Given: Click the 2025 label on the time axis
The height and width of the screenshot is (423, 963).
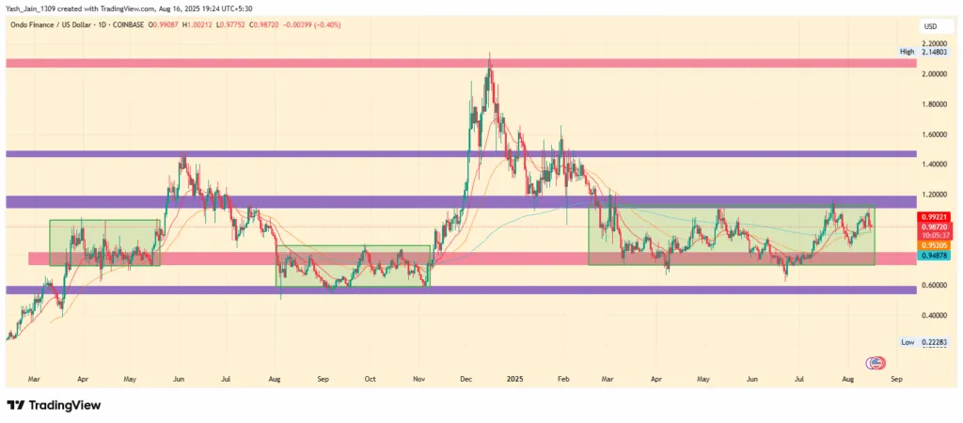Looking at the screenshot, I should pyautogui.click(x=513, y=380).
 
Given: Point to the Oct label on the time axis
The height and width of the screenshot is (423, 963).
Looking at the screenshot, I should pyautogui.click(x=370, y=380).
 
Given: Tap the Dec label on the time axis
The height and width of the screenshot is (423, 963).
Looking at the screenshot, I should pyautogui.click(x=466, y=380).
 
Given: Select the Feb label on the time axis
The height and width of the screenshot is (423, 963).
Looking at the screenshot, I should pyautogui.click(x=563, y=380).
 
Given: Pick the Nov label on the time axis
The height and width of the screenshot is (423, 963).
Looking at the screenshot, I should pyautogui.click(x=419, y=380).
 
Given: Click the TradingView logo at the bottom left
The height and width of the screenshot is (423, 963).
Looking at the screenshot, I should pyautogui.click(x=54, y=405).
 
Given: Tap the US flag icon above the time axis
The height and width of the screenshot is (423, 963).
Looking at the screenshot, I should pyautogui.click(x=876, y=364).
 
